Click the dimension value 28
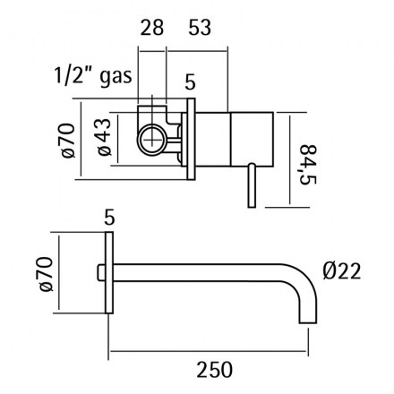tap(152, 28)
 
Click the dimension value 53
tap(200, 28)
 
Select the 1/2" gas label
tap(93, 76)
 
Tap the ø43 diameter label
tap(105, 137)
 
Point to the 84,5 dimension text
tap(308, 165)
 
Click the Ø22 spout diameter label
tap(342, 271)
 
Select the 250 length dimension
tap(214, 370)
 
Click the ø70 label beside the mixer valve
tap(68, 140)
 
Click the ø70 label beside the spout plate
tap(46, 274)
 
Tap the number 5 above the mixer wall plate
tap(190, 82)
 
